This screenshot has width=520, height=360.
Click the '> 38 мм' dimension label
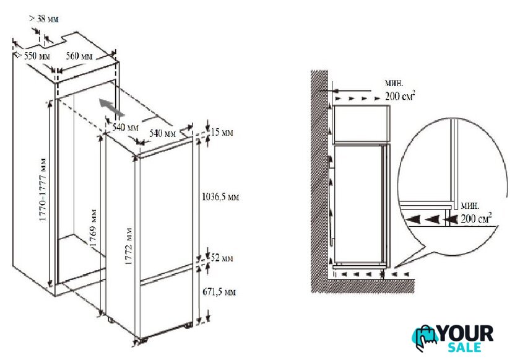point(44,19)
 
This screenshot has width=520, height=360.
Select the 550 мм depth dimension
point(37,56)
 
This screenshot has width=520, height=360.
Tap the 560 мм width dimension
point(79,56)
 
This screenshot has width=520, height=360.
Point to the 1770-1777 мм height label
point(43,190)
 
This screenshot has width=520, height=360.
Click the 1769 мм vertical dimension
point(93,228)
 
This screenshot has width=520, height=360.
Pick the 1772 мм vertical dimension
point(129,246)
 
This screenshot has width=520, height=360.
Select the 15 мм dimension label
point(222,132)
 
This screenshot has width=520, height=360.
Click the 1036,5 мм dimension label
point(220,197)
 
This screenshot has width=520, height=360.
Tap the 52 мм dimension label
point(222,258)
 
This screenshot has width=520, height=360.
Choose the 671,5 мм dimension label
point(219,292)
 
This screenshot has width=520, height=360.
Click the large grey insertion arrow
point(111,107)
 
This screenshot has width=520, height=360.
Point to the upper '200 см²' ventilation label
point(401,96)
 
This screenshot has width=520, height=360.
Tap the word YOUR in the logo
point(466,333)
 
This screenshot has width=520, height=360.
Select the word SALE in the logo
point(464,347)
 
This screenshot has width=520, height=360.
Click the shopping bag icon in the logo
point(425,338)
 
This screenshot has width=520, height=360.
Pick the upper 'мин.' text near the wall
point(394,83)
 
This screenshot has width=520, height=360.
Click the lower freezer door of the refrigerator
point(166,304)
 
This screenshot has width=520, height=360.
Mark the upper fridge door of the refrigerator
point(166,213)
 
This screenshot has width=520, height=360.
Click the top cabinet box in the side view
point(362,124)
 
